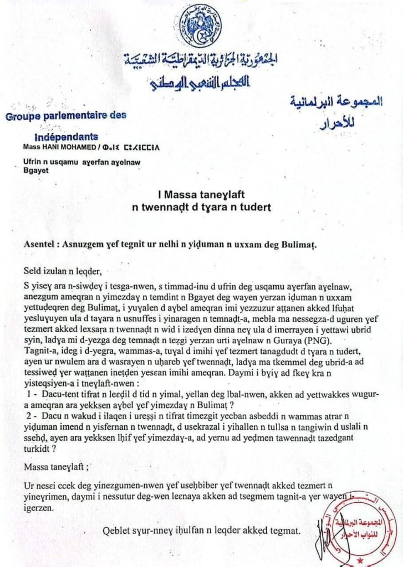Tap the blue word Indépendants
click(66, 137)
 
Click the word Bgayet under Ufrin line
click(35, 171)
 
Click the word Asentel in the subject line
click(41, 244)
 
